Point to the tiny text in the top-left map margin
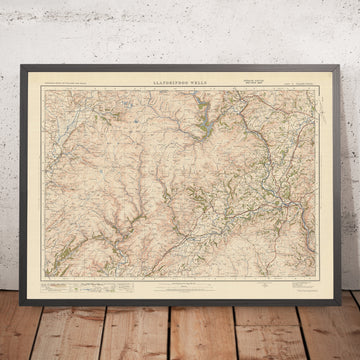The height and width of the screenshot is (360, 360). pyautogui.click(x=71, y=87)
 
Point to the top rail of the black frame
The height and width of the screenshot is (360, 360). pyautogui.click(x=180, y=72)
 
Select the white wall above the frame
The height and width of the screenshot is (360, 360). pyautogui.click(x=180, y=35)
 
